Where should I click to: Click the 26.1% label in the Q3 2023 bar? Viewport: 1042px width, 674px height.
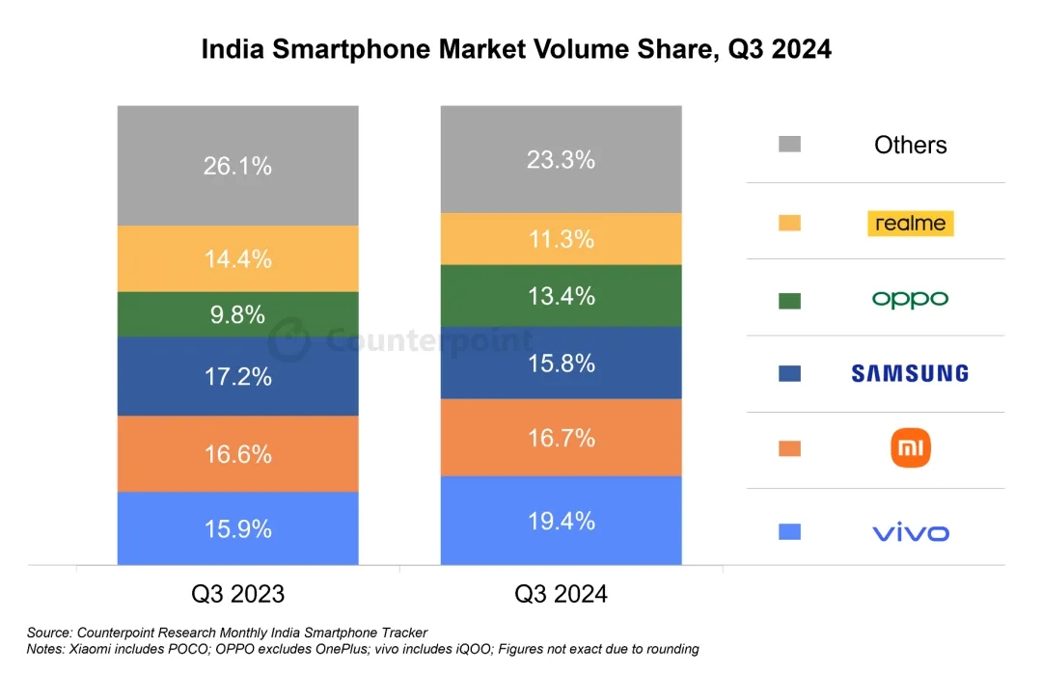pyautogui.click(x=237, y=166)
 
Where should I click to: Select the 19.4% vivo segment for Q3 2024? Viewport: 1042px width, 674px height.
pyautogui.click(x=561, y=522)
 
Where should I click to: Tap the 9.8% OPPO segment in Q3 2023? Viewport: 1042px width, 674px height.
pyautogui.click(x=237, y=314)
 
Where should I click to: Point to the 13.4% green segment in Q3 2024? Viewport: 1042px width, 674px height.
pyautogui.click(x=561, y=296)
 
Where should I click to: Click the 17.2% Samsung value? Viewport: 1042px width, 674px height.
pyautogui.click(x=237, y=377)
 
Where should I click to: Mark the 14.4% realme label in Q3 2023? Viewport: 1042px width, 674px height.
pyautogui.click(x=237, y=258)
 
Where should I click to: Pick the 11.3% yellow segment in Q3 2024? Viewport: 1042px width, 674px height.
pyautogui.click(x=561, y=239)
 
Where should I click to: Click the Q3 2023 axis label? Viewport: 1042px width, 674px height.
pyautogui.click(x=237, y=593)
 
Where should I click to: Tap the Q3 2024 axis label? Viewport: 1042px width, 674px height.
pyautogui.click(x=561, y=593)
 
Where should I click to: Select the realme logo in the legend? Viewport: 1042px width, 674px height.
pyautogui.click(x=910, y=223)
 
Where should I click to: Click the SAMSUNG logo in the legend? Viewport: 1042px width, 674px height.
pyautogui.click(x=910, y=373)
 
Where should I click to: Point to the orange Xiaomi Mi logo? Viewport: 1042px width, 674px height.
pyautogui.click(x=910, y=448)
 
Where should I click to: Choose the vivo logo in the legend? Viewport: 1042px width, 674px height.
pyautogui.click(x=910, y=532)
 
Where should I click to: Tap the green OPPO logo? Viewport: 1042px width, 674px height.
pyautogui.click(x=910, y=299)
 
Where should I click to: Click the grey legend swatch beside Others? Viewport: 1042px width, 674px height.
pyautogui.click(x=789, y=145)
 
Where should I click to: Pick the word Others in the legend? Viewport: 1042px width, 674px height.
pyautogui.click(x=910, y=145)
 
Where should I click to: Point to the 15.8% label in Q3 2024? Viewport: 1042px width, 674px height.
pyautogui.click(x=561, y=364)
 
